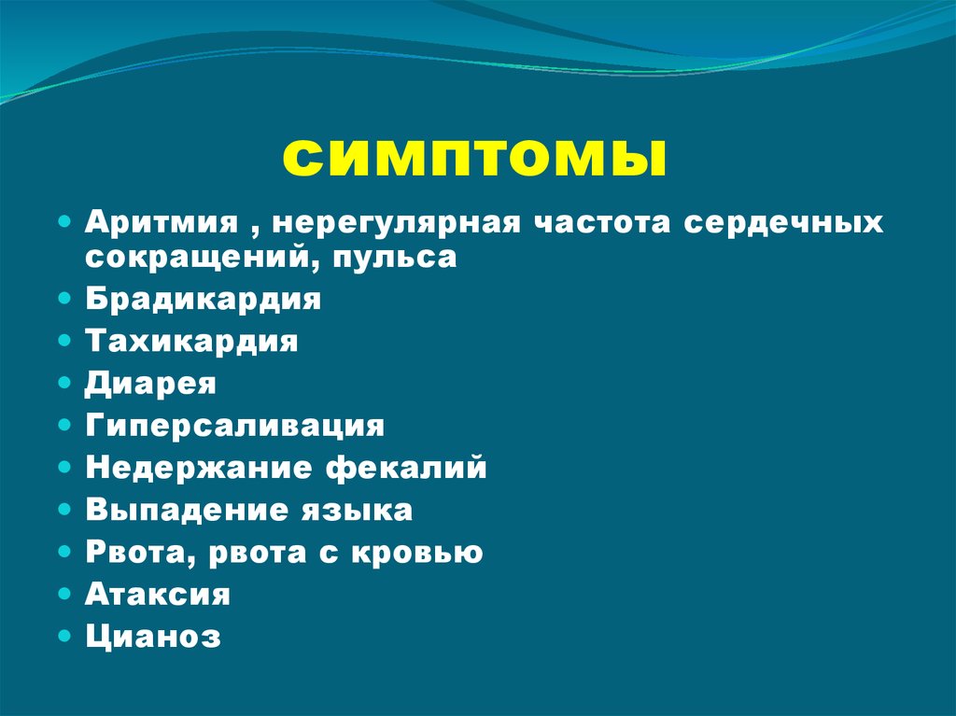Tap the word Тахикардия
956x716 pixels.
(x=192, y=342)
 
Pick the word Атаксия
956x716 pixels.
(x=158, y=594)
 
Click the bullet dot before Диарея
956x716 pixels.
(x=63, y=383)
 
